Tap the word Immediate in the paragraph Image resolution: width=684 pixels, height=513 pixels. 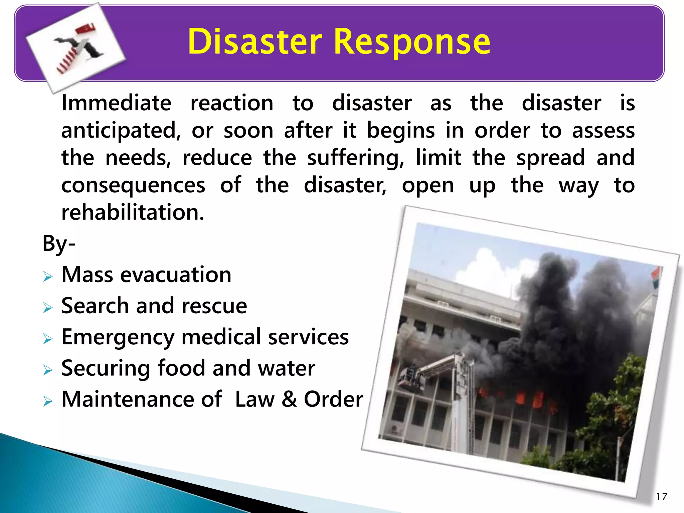(x=116, y=103)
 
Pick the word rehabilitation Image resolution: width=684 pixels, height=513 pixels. (x=133, y=212)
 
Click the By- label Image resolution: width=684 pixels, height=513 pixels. (x=59, y=244)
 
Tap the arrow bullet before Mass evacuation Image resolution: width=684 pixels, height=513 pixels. (x=48, y=277)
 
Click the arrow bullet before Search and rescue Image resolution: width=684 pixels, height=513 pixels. (x=48, y=308)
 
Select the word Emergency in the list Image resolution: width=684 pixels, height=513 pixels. (x=118, y=337)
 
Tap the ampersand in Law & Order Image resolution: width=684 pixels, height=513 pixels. (x=289, y=399)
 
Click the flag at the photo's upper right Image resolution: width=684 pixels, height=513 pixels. (x=656, y=277)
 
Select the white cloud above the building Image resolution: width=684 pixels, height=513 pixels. (x=484, y=267)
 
